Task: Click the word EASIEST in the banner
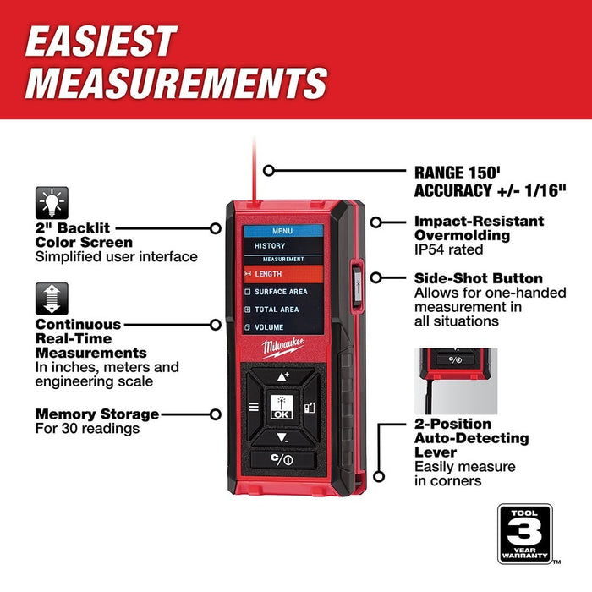click(101, 41)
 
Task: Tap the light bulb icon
click(52, 204)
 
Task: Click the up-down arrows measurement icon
click(52, 299)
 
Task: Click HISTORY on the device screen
click(270, 245)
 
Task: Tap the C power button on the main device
click(283, 460)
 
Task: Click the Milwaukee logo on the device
click(279, 348)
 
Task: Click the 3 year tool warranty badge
click(524, 533)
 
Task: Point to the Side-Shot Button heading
click(478, 278)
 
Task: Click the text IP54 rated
click(448, 249)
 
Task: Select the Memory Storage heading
click(96, 414)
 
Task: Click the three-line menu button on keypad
click(253, 407)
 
